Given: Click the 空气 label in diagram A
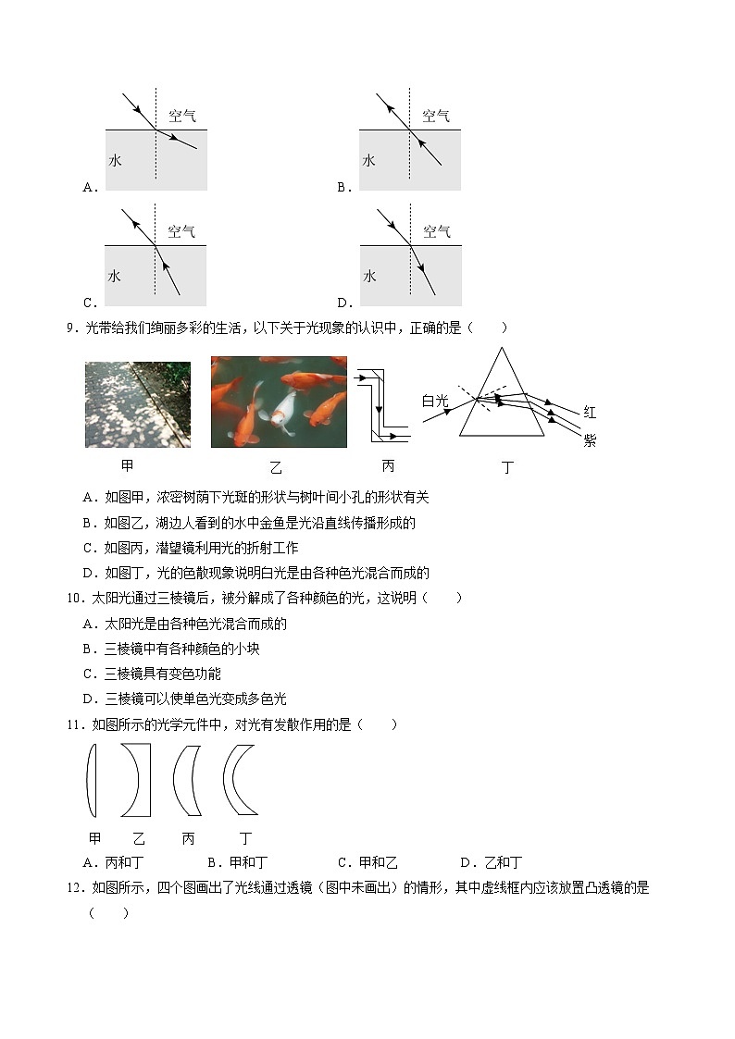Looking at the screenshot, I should coord(181,116).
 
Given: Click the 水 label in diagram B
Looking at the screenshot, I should coord(368,160).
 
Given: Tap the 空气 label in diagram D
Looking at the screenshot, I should coord(436,231).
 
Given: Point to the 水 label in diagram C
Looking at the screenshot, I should coord(115,276).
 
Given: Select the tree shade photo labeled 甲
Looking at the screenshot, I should coord(137,404).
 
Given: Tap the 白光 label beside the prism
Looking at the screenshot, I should coord(434,401).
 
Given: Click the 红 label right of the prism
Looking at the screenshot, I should coord(590,412).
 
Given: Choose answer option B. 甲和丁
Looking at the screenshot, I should coord(238,862).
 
